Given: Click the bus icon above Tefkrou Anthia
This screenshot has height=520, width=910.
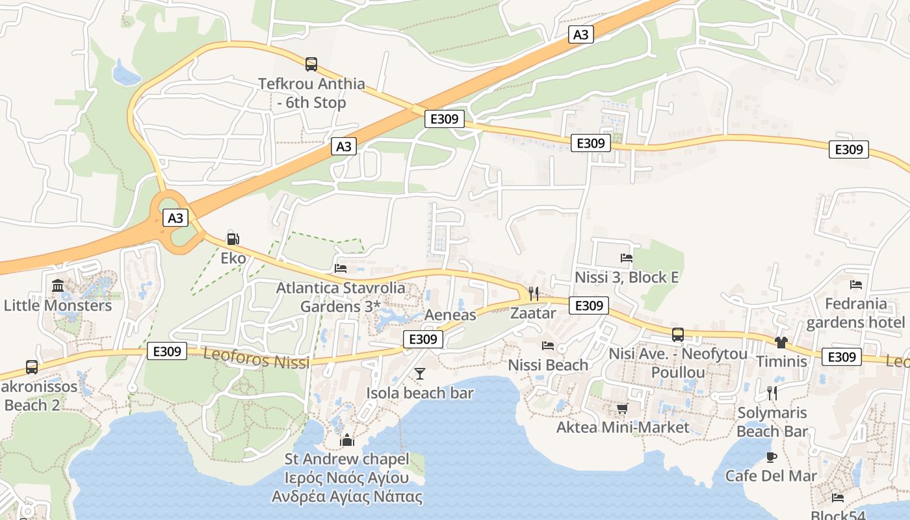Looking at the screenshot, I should [x=311, y=64].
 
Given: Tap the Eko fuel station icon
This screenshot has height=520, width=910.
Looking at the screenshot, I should [x=233, y=239].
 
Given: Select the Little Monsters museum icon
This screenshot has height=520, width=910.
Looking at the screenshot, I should [x=58, y=285].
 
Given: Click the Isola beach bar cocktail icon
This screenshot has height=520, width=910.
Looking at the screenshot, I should [x=420, y=373].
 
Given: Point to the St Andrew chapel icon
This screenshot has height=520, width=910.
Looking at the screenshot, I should [x=347, y=440].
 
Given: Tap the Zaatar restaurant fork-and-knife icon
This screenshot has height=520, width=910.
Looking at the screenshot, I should [x=533, y=294].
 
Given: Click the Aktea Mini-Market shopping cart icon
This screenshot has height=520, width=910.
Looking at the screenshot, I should [x=622, y=408].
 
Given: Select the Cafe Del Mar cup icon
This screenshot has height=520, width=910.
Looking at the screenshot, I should [x=771, y=457].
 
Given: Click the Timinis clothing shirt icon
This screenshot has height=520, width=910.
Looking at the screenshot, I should [x=781, y=343].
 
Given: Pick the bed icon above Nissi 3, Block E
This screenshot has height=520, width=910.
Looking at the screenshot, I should [x=627, y=258].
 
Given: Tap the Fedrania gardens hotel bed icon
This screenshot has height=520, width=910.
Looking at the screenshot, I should [x=855, y=285].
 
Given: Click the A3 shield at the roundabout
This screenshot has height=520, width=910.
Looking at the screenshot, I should [x=175, y=218].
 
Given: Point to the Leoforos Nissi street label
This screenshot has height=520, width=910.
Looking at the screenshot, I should [x=257, y=358].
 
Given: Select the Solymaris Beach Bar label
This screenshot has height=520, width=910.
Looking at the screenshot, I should [x=772, y=422].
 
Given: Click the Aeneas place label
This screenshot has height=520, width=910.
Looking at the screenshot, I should [x=450, y=315].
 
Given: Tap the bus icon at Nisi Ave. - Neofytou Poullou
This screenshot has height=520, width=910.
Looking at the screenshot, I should [x=677, y=335].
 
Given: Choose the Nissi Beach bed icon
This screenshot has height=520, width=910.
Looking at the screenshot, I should [x=548, y=346].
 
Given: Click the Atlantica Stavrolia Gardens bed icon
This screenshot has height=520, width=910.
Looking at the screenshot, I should [x=340, y=268].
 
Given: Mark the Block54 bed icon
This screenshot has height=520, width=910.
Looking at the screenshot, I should [x=838, y=498].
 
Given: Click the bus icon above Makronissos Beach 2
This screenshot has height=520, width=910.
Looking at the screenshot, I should [x=31, y=367].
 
